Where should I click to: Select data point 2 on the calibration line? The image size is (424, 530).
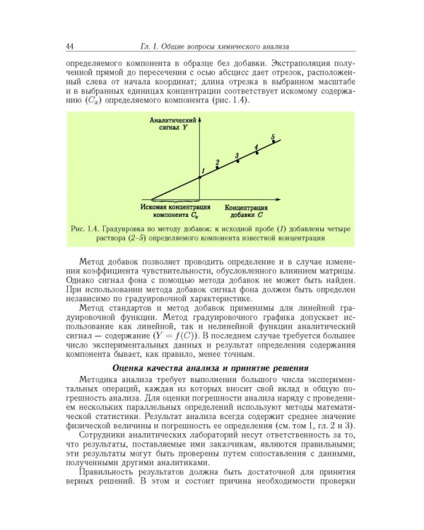pyautogui.click(x=217, y=167)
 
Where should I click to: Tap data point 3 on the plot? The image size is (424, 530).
pyautogui.click(x=237, y=160)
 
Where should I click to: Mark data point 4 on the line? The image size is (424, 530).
pyautogui.click(x=256, y=152)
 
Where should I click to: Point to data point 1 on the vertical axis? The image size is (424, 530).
pyautogui.click(x=200, y=176)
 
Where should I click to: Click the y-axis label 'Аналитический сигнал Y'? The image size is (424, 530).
pyautogui.click(x=170, y=126)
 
